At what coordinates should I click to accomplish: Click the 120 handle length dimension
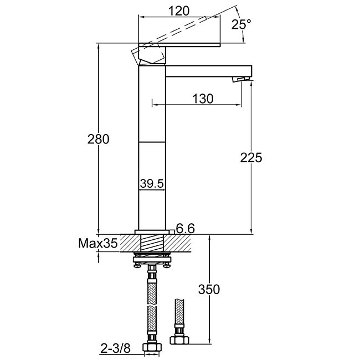coord(179,11)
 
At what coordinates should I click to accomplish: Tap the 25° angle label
coord(241,24)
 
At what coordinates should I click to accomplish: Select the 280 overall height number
coord(98,139)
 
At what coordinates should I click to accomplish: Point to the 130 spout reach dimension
coord(203,99)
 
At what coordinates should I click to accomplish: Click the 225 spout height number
coord(251,158)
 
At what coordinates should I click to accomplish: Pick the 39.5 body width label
coord(152,183)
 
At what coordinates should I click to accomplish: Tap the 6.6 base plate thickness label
coord(186,228)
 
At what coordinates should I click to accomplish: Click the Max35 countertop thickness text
coord(98,243)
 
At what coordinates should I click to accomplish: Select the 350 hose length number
coord(209,289)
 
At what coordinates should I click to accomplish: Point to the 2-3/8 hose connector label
coord(116,349)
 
